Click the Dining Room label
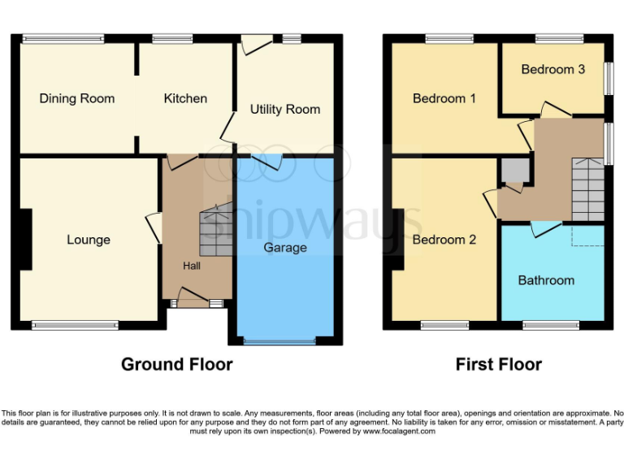77,98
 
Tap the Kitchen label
185,98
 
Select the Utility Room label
284,109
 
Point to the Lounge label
89,240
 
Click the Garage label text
284,247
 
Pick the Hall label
191,266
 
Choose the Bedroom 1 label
444,98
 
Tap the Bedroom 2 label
444,240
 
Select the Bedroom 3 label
552,69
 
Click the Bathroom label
546,280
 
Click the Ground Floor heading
176,364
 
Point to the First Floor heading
498,364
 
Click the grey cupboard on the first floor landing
513,171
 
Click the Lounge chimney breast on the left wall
26,239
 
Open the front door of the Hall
192,302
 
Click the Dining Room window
63,37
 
